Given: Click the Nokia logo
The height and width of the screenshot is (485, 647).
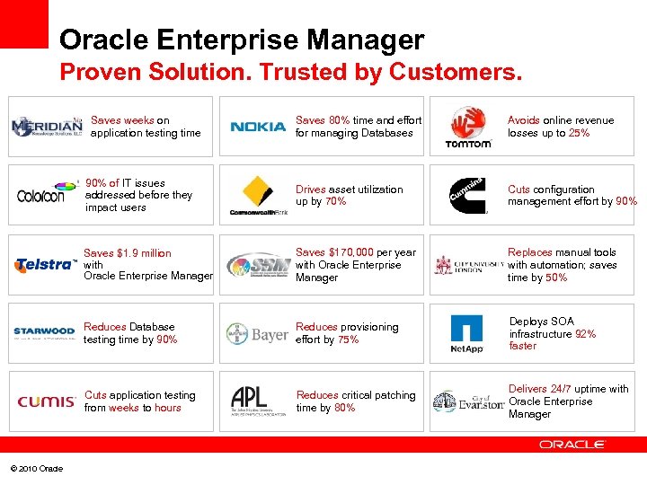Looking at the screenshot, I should click(x=257, y=127).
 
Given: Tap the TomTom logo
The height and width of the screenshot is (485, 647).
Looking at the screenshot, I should click(x=468, y=128).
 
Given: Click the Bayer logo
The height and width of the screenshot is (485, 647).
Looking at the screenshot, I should click(x=257, y=335).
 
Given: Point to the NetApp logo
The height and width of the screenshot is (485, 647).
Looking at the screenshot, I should click(x=466, y=334).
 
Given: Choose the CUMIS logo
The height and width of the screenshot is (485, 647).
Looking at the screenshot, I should click(x=45, y=401).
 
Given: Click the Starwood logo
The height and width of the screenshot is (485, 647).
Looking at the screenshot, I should click(x=44, y=332).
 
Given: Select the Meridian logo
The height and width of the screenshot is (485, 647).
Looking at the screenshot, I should click(x=47, y=127).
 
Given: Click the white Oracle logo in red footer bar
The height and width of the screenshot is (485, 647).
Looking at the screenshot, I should click(x=572, y=445).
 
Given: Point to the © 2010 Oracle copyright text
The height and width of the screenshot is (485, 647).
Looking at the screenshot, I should click(x=37, y=469).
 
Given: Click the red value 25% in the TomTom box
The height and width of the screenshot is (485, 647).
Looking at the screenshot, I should click(x=579, y=133).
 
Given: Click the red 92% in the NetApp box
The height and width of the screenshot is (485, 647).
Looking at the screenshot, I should click(x=585, y=333).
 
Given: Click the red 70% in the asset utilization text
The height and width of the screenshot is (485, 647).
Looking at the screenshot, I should click(x=334, y=202).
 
